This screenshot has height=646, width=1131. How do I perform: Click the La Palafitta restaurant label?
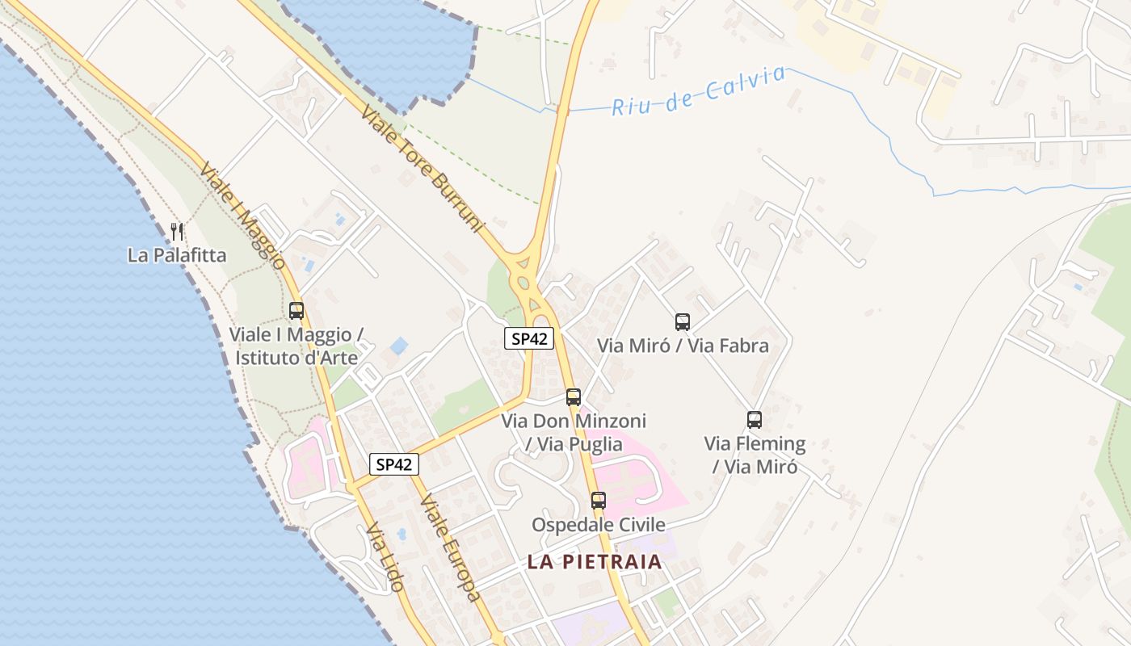[177, 256]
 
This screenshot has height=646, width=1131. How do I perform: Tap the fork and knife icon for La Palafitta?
[177, 232]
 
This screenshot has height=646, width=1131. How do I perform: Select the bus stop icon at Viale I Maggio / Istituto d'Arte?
[296, 310]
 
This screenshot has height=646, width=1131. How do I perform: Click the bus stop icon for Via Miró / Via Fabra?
[683, 322]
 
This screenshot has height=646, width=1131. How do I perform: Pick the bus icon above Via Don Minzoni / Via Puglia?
[574, 397]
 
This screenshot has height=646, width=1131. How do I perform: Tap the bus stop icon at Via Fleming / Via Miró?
[755, 420]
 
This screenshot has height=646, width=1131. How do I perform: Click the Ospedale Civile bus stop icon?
[599, 501]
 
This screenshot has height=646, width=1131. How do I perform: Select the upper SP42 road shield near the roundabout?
[529, 339]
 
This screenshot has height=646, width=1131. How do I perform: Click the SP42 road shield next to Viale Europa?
[395, 464]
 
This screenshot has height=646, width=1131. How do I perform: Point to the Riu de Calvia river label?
[698, 90]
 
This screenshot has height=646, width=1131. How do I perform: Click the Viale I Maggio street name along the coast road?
[242, 216]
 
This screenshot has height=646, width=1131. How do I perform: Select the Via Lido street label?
[385, 557]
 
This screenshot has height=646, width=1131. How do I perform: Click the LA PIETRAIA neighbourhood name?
[595, 562]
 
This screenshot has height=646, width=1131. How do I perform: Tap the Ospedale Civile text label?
[599, 525]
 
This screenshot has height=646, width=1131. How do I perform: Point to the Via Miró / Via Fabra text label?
[683, 346]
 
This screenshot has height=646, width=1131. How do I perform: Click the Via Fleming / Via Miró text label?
[755, 455]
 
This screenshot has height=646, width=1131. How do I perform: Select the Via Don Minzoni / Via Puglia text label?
[574, 432]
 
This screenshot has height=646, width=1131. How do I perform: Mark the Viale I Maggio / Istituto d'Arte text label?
[296, 346]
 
